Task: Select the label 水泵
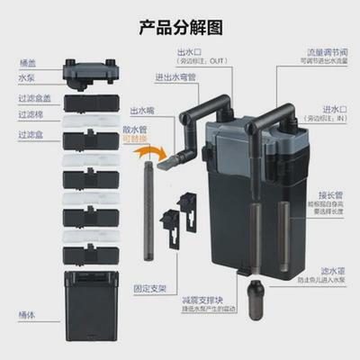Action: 28,78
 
